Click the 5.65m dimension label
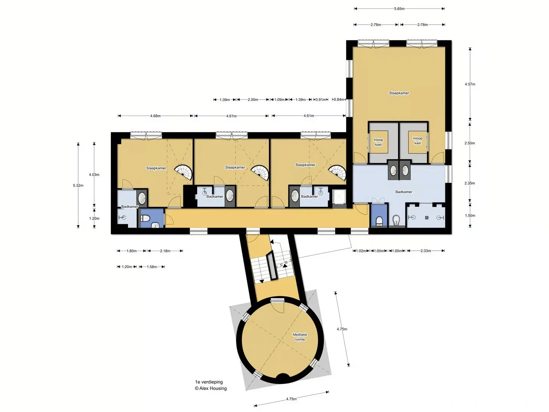399,9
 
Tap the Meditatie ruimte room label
300,337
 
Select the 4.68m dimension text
155,116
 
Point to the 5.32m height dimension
78,185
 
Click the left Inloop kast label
378,142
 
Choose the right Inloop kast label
418,141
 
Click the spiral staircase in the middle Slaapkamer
260,172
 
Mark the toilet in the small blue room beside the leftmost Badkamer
145,218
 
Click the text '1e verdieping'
209,382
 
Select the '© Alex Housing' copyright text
211,389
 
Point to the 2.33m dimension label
426,251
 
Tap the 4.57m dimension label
470,84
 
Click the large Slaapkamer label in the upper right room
399,93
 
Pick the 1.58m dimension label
152,267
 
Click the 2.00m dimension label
253,100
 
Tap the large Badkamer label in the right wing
404,192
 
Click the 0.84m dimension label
339,99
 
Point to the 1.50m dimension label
470,216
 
